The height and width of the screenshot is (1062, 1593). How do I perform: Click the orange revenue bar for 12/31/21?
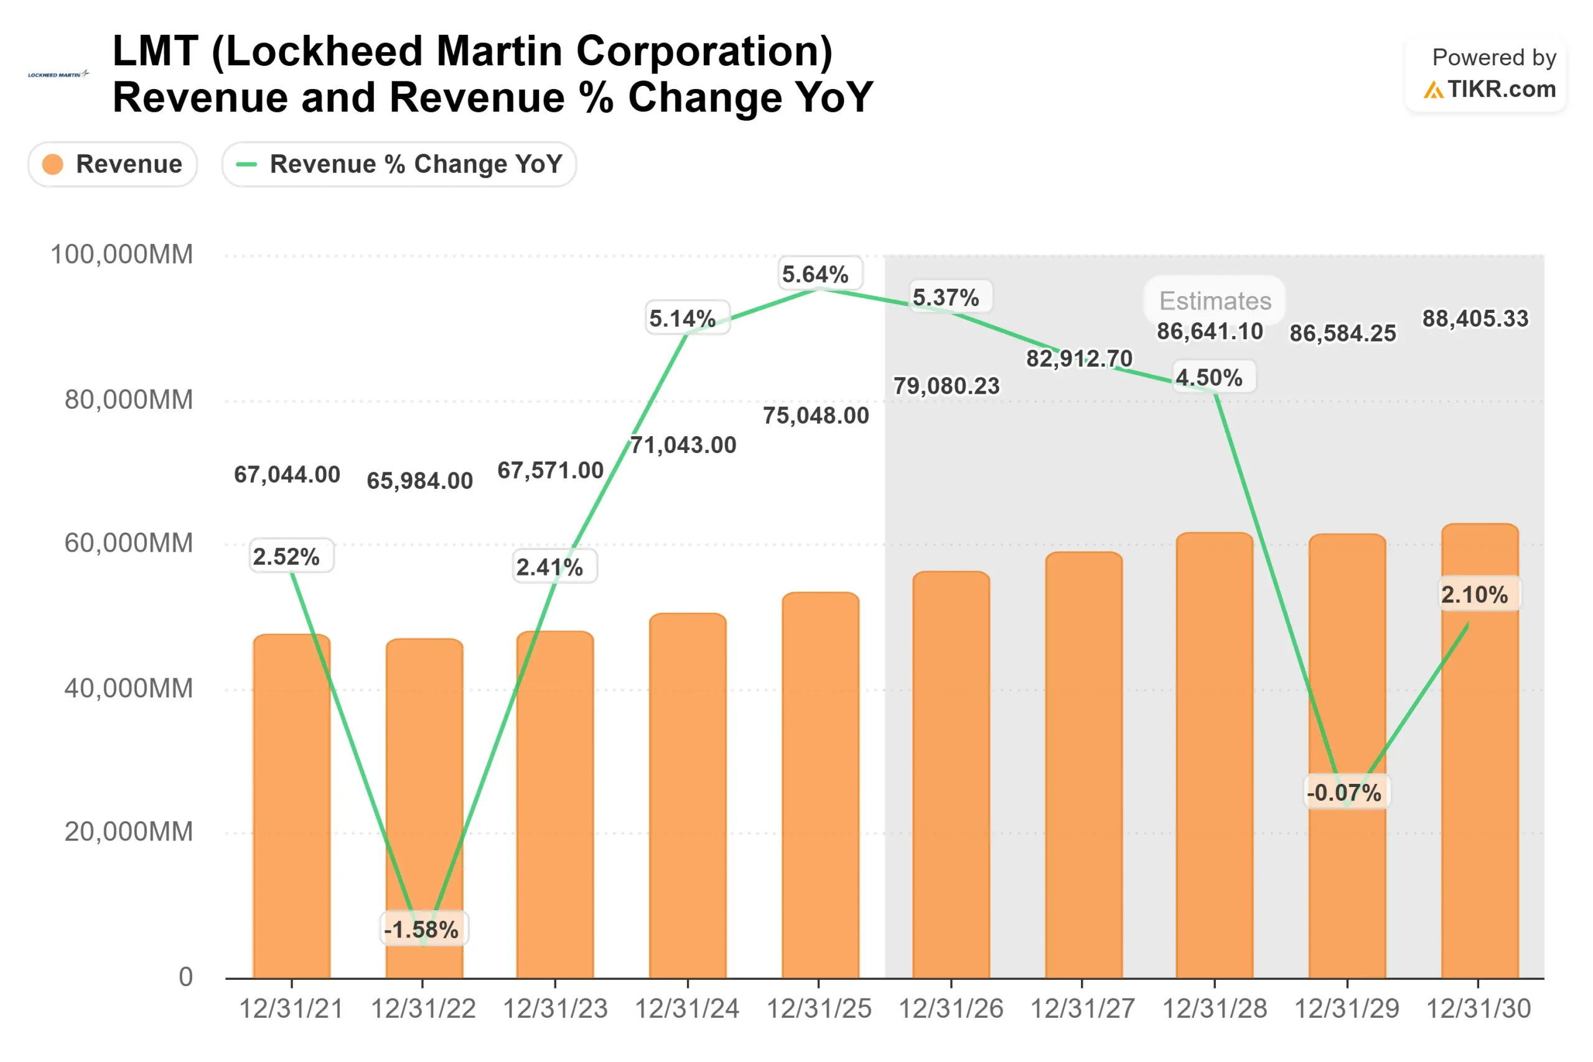click(x=292, y=806)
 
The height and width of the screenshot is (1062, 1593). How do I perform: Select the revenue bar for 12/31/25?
click(x=820, y=786)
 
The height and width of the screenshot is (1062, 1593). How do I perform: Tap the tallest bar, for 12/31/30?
click(x=1480, y=752)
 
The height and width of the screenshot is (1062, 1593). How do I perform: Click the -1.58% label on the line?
click(x=421, y=929)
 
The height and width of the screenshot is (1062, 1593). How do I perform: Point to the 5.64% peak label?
click(x=815, y=274)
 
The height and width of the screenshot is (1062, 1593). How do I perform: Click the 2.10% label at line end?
click(x=1475, y=595)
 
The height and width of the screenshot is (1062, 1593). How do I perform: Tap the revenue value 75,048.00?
click(x=816, y=415)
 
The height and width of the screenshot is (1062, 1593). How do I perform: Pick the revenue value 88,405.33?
click(x=1475, y=319)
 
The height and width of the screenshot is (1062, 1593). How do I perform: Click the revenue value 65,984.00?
click(x=420, y=481)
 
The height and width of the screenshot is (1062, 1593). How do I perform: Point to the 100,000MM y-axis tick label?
click(x=122, y=254)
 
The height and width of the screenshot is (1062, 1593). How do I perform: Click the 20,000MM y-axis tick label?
click(x=129, y=832)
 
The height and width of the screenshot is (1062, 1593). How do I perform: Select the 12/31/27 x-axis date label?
click(x=1082, y=1009)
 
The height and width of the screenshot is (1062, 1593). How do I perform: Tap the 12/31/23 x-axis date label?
click(x=556, y=1009)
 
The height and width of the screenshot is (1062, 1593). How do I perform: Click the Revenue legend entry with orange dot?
click(x=113, y=164)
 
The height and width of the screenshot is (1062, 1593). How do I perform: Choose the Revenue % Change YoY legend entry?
click(x=399, y=164)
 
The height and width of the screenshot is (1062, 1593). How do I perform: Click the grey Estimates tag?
click(x=1215, y=300)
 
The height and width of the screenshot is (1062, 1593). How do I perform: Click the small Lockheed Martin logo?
click(x=58, y=75)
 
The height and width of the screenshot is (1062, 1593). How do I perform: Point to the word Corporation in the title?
click(x=704, y=52)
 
